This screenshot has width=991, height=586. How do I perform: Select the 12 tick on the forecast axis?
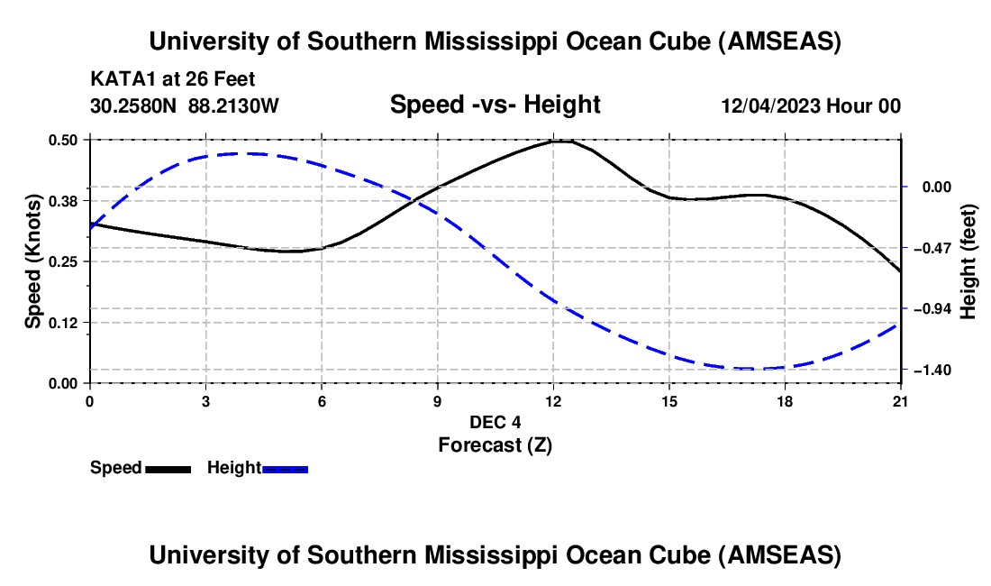[x=553, y=401]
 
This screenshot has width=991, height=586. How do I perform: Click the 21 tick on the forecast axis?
[x=901, y=401]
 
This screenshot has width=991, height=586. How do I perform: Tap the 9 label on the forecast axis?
[x=438, y=401]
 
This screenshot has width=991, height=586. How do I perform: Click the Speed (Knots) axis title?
[x=32, y=261]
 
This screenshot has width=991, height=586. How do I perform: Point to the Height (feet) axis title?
[x=968, y=261]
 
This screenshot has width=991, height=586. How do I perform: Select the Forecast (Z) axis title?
[x=495, y=444]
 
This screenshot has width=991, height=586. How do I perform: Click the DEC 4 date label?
[x=495, y=422]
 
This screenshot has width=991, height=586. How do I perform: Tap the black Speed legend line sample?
[x=168, y=469]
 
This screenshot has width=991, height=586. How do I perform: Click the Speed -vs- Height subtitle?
[x=495, y=105]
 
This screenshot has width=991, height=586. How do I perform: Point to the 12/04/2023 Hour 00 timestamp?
[x=811, y=105]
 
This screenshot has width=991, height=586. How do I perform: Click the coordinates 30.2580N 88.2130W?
[x=185, y=105]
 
